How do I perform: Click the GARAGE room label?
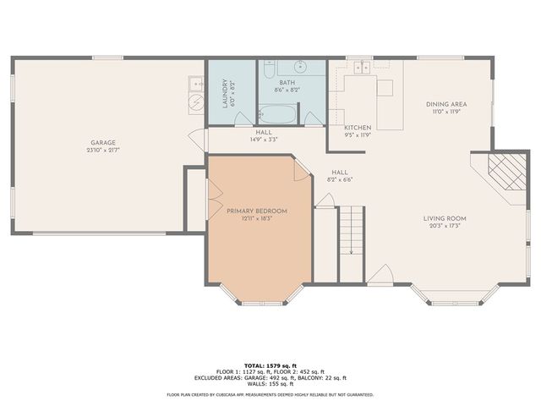tap(104, 142)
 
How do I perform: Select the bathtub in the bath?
tap(277, 114)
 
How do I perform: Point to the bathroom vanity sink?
tap(300, 67)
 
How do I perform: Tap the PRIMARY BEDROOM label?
tap(257, 211)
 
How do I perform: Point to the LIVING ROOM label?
tap(445, 218)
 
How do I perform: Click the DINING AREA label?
tap(445, 104)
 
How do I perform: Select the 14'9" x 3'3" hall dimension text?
tap(263, 139)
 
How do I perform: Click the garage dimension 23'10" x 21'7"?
tap(104, 150)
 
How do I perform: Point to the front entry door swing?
tap(380, 274)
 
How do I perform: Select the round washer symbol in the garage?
tap(194, 101)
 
